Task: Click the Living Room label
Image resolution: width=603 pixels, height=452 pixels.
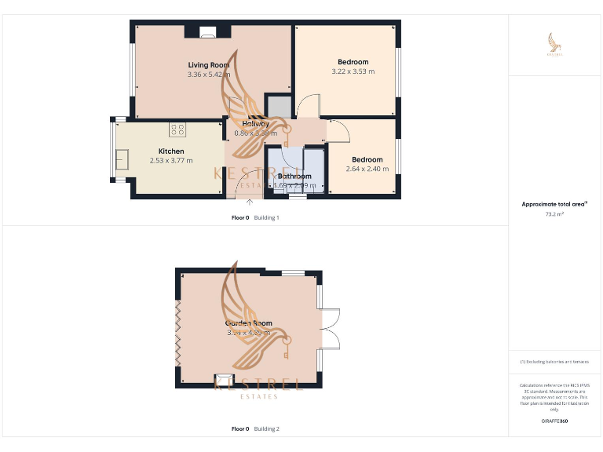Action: click(208, 64)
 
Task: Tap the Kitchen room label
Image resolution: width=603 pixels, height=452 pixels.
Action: click(171, 151)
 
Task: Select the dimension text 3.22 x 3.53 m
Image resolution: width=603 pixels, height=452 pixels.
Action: click(353, 71)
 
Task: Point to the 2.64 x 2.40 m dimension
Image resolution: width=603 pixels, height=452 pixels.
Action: click(367, 169)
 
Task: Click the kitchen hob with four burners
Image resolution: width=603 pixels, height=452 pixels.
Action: click(177, 129)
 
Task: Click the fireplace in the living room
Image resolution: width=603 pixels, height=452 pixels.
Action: click(208, 32)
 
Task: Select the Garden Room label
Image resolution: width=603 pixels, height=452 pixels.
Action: click(249, 323)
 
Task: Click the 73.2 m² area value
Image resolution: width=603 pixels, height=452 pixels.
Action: click(555, 213)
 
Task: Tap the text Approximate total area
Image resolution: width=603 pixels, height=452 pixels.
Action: click(554, 204)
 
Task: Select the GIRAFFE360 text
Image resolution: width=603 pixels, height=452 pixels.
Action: click(555, 421)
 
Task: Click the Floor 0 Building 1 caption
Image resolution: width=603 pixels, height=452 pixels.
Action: click(255, 217)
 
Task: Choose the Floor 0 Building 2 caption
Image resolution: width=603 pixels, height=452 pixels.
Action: click(255, 429)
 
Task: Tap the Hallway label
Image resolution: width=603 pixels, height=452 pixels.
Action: click(256, 124)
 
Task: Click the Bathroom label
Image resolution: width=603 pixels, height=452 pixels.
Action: click(294, 177)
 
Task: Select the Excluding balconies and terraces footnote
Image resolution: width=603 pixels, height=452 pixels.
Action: click(554, 362)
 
